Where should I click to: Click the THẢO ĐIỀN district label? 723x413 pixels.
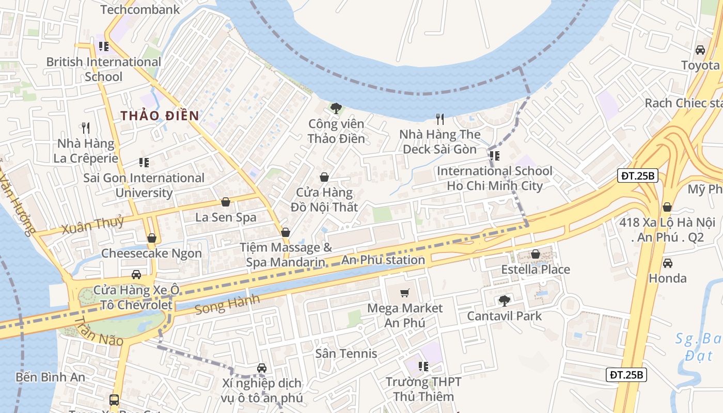(x=160, y=116)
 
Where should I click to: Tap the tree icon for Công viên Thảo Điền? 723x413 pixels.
(x=336, y=108)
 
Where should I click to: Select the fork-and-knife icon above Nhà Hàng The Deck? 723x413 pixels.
(x=440, y=119)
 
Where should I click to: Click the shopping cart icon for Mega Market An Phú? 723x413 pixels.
(x=405, y=293)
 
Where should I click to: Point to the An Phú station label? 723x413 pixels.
(x=383, y=260)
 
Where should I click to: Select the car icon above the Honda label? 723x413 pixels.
(x=668, y=263)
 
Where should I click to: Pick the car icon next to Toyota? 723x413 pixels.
(x=700, y=50)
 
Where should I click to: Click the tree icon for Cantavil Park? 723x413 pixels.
(x=505, y=300)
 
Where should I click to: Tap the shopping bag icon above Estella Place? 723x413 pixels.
(x=536, y=254)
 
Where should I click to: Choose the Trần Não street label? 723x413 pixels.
(x=99, y=331)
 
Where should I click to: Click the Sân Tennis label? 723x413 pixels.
(x=347, y=354)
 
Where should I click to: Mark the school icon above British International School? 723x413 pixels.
(x=104, y=46)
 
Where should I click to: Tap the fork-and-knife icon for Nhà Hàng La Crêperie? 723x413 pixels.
(x=86, y=127)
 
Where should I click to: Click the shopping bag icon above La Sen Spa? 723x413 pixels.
(x=226, y=202)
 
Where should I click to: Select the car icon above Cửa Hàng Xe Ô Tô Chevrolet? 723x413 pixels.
(x=136, y=274)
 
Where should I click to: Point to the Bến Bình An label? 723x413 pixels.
(x=50, y=377)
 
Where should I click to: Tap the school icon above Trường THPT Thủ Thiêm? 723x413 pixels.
(x=423, y=367)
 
